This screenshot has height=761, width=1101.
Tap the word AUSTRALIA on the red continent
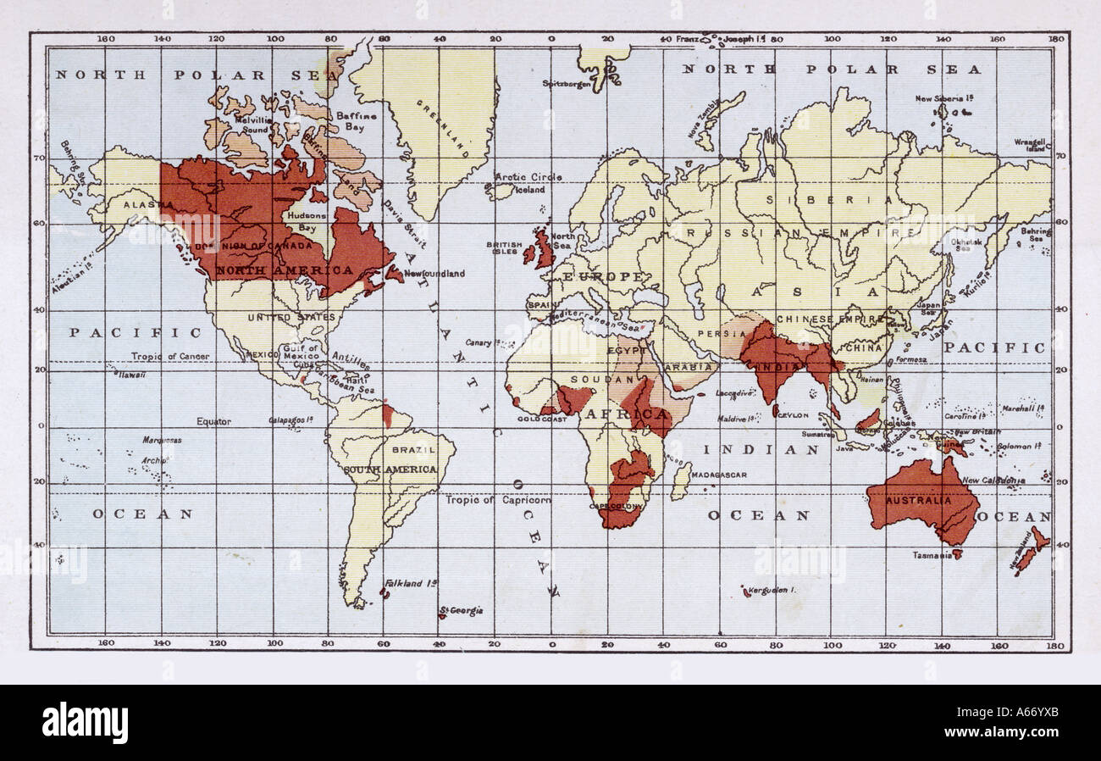point(918,500)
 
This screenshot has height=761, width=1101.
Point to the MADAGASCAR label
point(719,475)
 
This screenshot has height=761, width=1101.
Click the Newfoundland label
point(434,274)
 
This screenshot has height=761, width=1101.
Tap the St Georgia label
point(461,610)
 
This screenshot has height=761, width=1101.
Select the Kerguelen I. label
point(773,590)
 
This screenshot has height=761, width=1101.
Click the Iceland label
point(531,190)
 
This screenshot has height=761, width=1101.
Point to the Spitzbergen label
point(567,83)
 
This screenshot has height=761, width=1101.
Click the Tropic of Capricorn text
point(499,499)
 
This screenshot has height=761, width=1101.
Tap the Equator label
point(213,421)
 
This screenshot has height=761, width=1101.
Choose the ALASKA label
point(137,205)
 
